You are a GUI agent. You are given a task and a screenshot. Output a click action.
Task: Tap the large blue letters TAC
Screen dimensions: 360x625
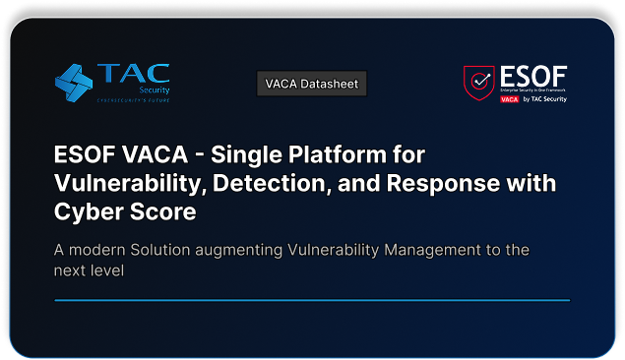point(133,76)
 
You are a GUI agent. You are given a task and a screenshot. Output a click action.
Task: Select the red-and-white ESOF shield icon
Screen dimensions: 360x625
point(479,84)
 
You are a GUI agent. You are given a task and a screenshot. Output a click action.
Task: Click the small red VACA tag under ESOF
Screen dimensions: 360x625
point(510,99)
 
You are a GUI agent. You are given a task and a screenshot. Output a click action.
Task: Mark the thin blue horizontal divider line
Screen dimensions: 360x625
point(312,299)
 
